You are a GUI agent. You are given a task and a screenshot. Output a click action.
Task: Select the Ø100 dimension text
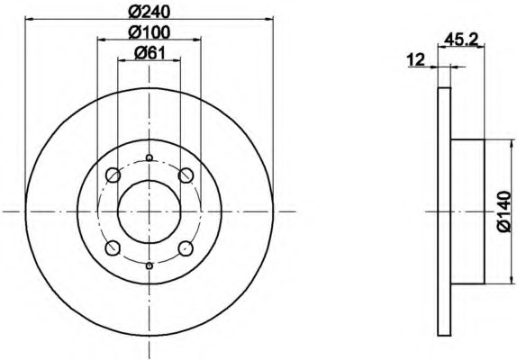149,32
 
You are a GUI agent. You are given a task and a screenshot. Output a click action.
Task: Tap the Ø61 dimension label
149,53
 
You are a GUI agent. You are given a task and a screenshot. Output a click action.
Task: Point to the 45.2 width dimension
461,40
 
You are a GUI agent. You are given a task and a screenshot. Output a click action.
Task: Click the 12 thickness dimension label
416,60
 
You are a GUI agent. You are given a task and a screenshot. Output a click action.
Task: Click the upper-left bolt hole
113,175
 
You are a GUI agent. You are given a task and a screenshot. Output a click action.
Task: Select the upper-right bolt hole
186,175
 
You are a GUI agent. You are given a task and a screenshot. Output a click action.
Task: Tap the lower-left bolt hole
113,248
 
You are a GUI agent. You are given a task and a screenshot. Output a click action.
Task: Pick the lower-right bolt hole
186,248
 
